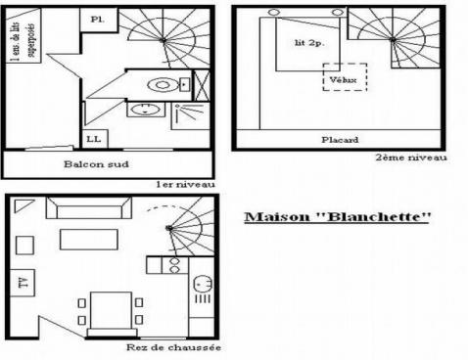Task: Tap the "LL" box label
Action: [94, 139]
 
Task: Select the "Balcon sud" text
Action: [92, 163]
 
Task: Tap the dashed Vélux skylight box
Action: [344, 77]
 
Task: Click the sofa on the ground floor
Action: [90, 209]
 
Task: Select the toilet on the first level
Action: [160, 82]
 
